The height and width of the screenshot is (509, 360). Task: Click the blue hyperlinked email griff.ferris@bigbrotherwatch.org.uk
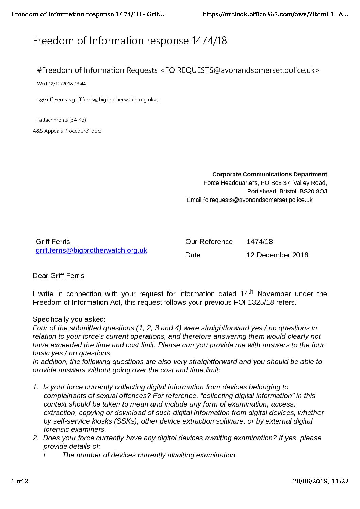click(91, 250)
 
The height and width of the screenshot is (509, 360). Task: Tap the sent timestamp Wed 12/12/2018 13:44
click(61, 84)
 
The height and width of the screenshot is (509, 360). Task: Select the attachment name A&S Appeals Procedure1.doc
click(67, 131)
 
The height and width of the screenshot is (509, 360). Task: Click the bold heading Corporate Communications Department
click(269, 174)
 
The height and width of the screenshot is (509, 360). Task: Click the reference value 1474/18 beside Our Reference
click(260, 242)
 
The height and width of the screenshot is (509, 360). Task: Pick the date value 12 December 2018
click(277, 255)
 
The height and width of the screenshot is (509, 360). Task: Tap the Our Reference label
click(209, 242)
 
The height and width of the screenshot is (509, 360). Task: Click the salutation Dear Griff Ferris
click(59, 276)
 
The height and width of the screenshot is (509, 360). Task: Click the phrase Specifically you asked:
click(69, 319)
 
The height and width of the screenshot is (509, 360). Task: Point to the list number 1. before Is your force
click(35, 387)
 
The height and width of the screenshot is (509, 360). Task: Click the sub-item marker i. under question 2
click(45, 455)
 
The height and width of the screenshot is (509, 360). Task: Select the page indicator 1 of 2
click(19, 481)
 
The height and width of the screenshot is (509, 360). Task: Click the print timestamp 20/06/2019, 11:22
click(321, 481)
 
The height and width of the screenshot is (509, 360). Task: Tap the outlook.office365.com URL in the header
click(276, 14)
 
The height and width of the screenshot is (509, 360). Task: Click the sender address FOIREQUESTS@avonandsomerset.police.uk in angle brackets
click(240, 70)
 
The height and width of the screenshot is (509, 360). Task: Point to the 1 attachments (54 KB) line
click(61, 120)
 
